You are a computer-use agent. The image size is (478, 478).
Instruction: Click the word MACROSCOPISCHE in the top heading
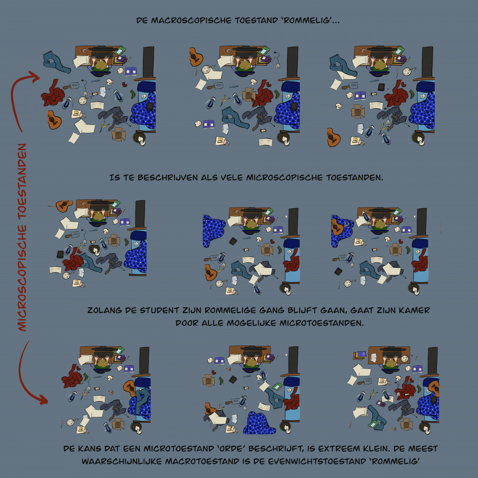[191, 21]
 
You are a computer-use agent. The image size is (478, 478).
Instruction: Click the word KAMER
[416, 310]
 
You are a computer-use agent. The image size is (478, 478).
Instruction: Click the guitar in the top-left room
[54, 120]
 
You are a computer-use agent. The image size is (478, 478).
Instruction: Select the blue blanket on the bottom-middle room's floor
[260, 423]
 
